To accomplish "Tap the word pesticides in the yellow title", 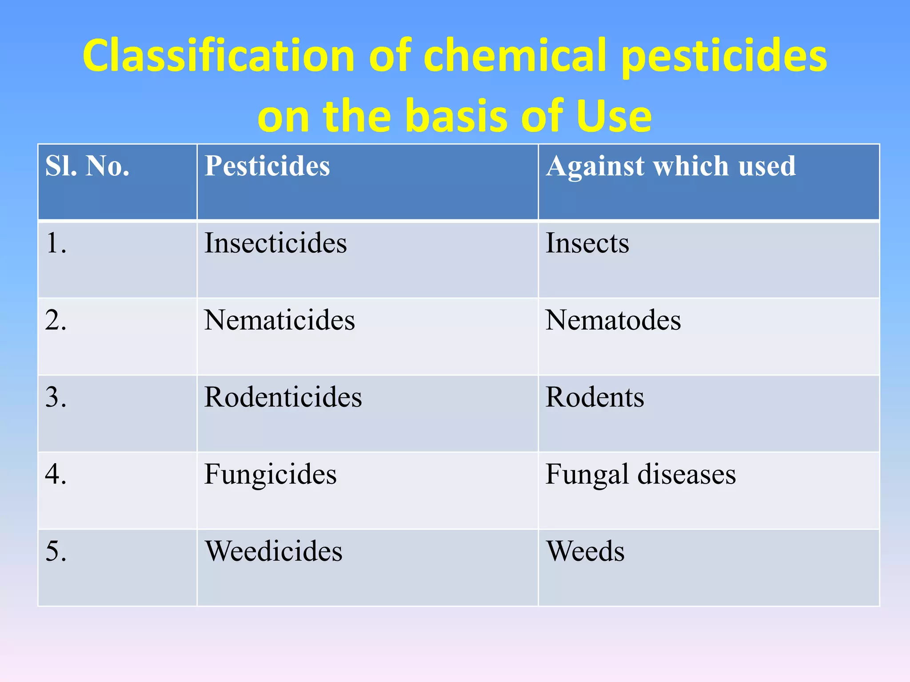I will (x=724, y=57).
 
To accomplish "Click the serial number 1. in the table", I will (x=56, y=243).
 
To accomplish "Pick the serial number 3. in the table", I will (x=56, y=397).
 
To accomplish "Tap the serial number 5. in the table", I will (x=56, y=551).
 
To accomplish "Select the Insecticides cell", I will (x=275, y=243).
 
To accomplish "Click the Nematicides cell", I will (x=279, y=320).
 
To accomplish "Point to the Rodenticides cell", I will (x=283, y=397).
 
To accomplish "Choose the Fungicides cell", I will (x=270, y=474).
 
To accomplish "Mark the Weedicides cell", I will (x=273, y=551).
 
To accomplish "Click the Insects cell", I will (x=587, y=243).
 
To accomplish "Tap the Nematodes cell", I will (x=613, y=320).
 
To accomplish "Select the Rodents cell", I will (x=595, y=397).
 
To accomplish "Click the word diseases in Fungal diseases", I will (x=686, y=474).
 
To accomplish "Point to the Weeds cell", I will (x=585, y=551).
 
